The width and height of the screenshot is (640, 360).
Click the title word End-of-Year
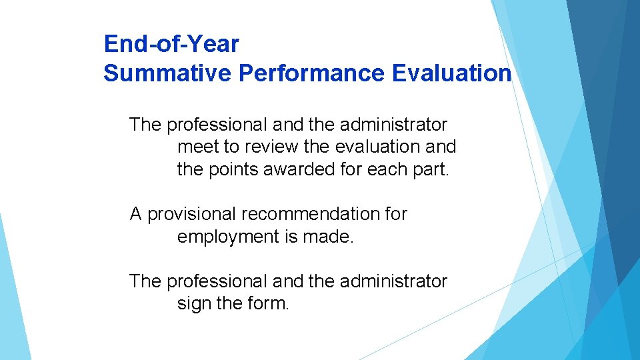coord(171,44)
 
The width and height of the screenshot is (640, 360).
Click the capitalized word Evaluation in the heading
coord(452,73)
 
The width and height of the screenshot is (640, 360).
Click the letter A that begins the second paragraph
coord(136,214)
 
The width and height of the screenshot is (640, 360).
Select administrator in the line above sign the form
coord(393,281)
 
